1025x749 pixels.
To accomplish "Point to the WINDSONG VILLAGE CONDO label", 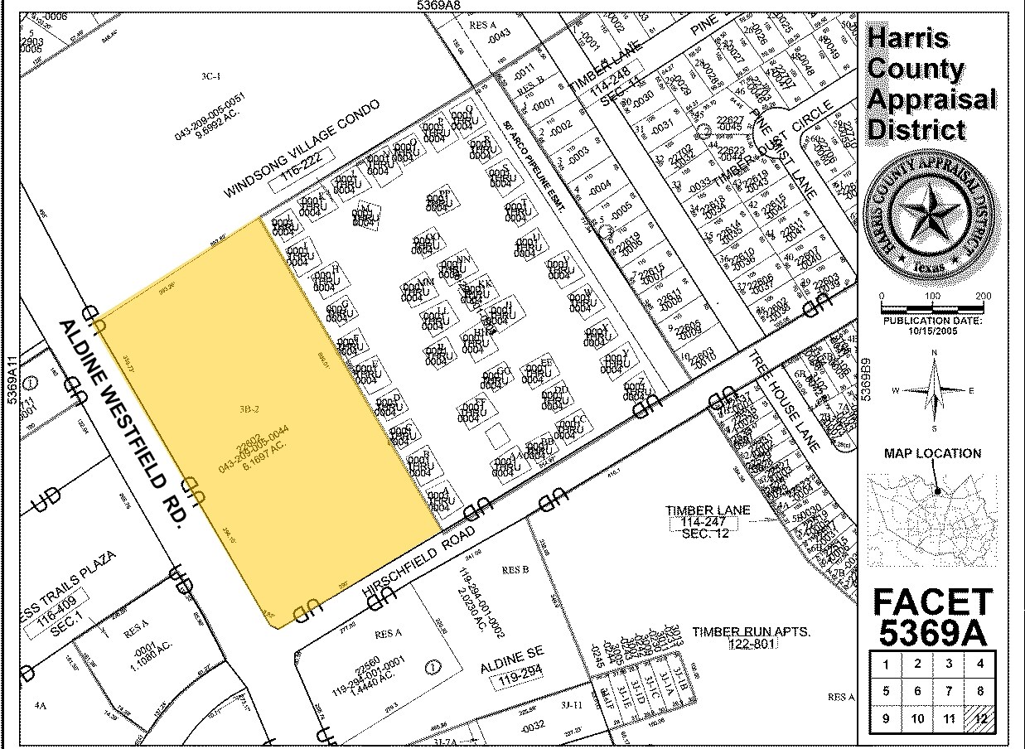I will coord(302,149).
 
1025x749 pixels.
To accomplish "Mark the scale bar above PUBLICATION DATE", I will coord(932,307).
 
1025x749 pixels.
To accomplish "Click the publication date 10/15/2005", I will coord(932,329).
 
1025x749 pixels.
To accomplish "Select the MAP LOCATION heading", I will coord(932,453).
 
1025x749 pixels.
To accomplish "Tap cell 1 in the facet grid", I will coord(886,664).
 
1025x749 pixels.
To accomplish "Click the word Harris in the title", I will coord(907,38).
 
